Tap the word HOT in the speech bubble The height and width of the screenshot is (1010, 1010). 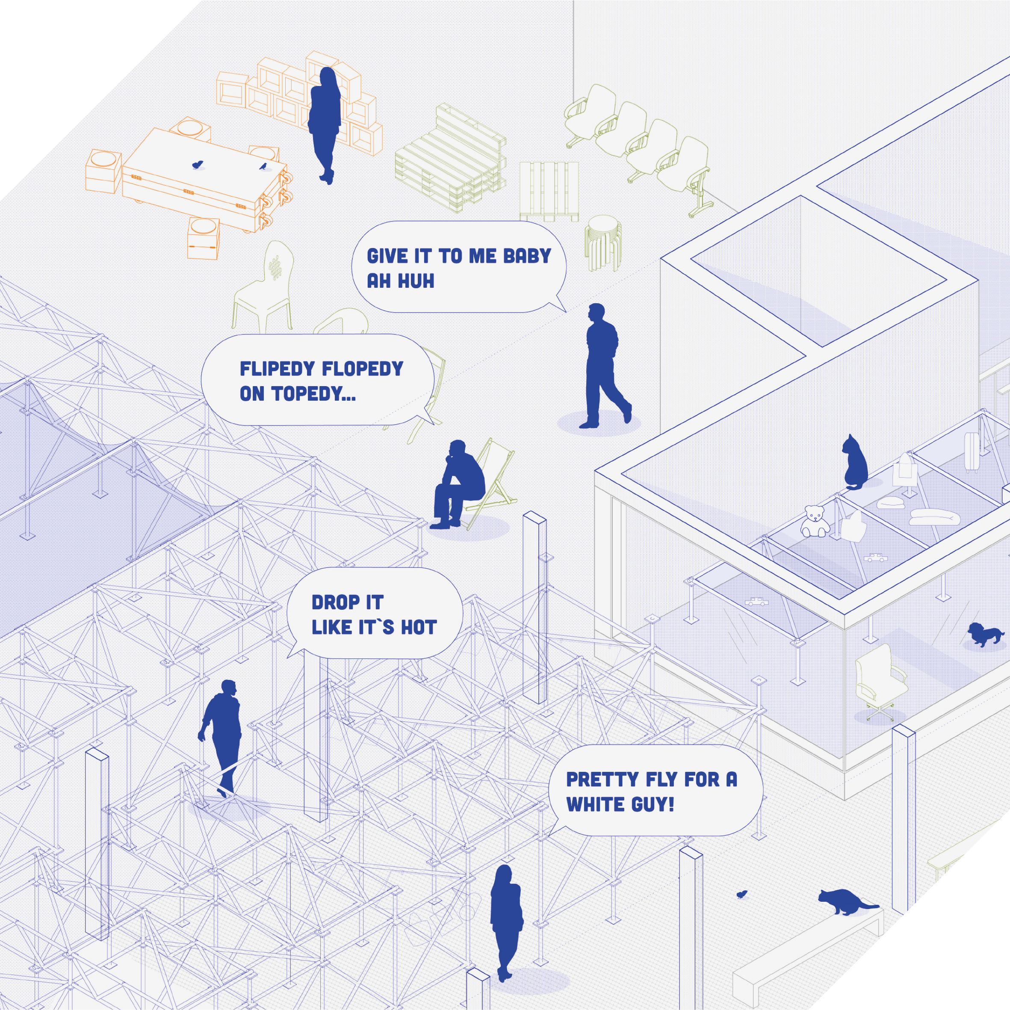[418, 627]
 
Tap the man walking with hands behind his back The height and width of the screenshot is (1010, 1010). [604, 366]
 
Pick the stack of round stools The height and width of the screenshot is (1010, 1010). [603, 243]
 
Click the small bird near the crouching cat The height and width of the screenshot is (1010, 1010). [742, 894]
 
